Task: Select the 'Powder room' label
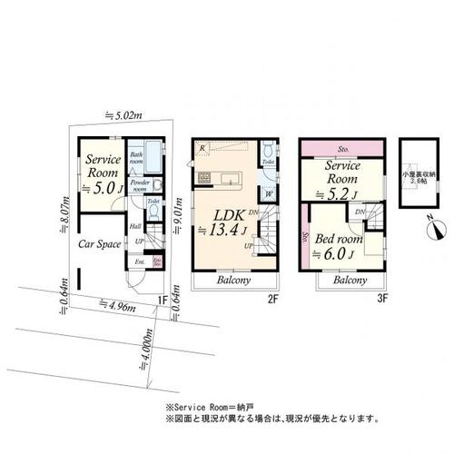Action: pyautogui.click(x=141, y=183)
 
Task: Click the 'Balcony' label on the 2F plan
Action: pyautogui.click(x=234, y=281)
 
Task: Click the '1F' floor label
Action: pyautogui.click(x=160, y=300)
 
